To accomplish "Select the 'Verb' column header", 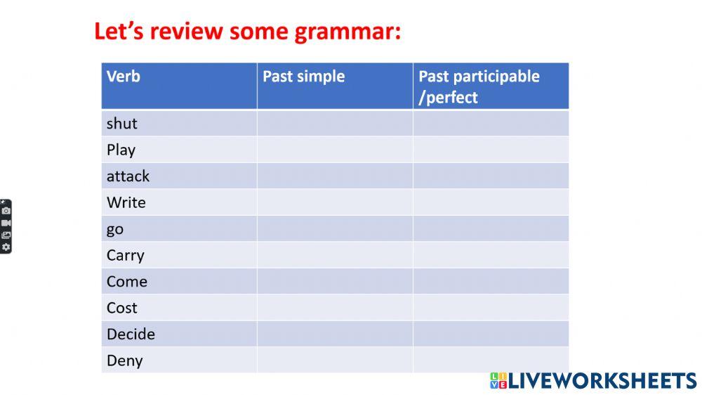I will [x=123, y=76].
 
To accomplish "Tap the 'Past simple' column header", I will [x=303, y=76].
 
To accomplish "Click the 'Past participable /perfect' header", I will [x=479, y=86].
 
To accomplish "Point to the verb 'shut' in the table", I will [x=121, y=124].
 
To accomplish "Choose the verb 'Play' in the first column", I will [x=121, y=150].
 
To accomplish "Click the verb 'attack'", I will [x=128, y=176].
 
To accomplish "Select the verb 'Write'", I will [x=126, y=202].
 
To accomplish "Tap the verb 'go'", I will [x=114, y=229].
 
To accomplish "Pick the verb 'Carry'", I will [x=125, y=255].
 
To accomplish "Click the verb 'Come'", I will [x=126, y=282].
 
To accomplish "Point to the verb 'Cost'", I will [x=121, y=308].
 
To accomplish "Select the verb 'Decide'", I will [x=131, y=335].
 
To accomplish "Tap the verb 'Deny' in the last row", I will [x=124, y=361].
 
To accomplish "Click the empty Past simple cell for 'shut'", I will [x=334, y=124].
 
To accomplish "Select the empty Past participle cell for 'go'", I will [x=490, y=229].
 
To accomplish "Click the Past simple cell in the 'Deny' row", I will [x=334, y=361].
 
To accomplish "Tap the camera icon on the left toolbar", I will [x=6, y=211].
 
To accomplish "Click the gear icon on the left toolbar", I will [x=6, y=247].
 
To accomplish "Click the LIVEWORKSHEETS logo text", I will [x=602, y=381].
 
